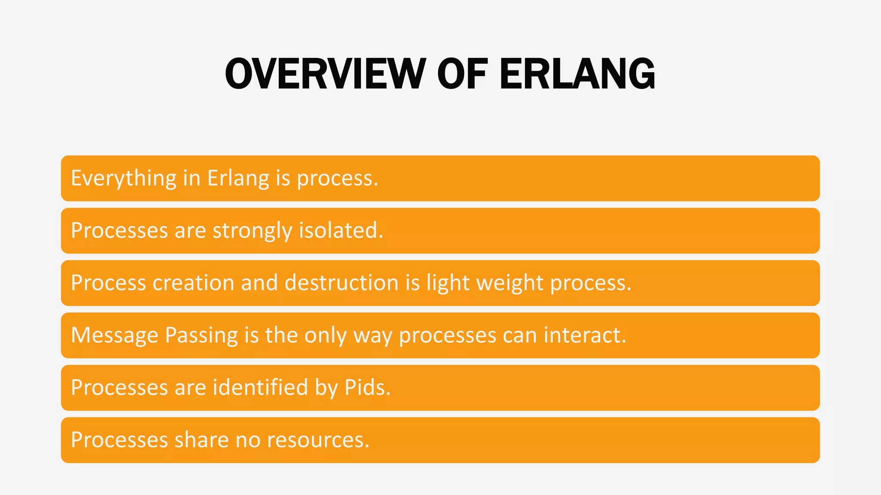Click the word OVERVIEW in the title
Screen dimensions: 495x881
tap(325, 74)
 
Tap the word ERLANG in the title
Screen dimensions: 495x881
tap(577, 74)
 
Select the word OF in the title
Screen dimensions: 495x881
tap(462, 74)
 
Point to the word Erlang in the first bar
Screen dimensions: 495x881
tap(238, 178)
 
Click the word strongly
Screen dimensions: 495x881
tap(252, 231)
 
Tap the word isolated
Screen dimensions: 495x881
tap(341, 231)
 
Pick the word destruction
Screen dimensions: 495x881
tap(342, 283)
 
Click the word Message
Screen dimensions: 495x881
tap(114, 336)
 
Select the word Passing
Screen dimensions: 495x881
tap(201, 336)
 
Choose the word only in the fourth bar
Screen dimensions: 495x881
tap(325, 336)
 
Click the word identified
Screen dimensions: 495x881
tap(261, 388)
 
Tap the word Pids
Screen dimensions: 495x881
tap(367, 388)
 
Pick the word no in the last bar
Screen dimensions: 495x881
tap(248, 440)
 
